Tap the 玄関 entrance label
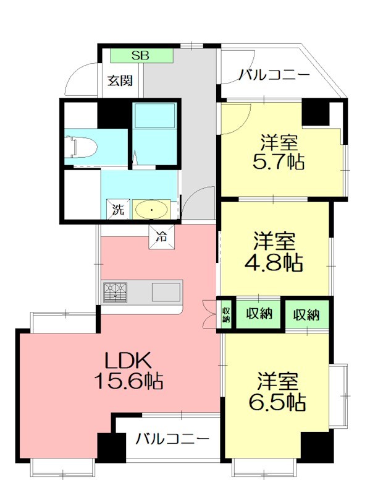(x=120, y=80)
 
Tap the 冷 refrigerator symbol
(x=161, y=236)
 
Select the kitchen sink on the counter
(x=167, y=291)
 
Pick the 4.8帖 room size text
(x=276, y=262)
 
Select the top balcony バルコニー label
(x=274, y=75)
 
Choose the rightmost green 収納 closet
(x=306, y=314)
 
